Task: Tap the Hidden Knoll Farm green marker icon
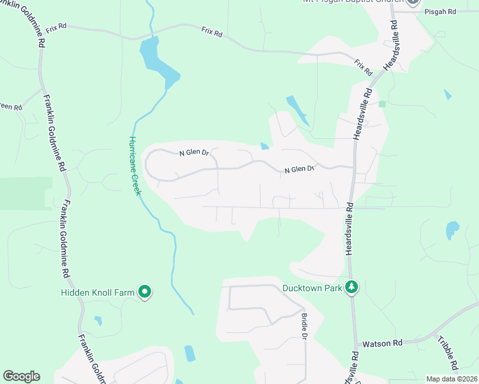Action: coord(145,292)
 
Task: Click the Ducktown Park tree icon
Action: coord(351,288)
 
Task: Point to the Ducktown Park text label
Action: coord(313,288)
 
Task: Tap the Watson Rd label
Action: coord(382,344)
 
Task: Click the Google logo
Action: coord(21,376)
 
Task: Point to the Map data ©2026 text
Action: coord(451,379)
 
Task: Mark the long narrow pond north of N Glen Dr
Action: coord(298,110)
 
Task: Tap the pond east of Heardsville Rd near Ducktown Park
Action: coord(452,229)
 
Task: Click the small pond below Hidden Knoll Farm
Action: coord(98,320)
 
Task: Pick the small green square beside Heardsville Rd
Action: coord(382,103)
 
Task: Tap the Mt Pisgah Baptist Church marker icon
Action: coord(413,2)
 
